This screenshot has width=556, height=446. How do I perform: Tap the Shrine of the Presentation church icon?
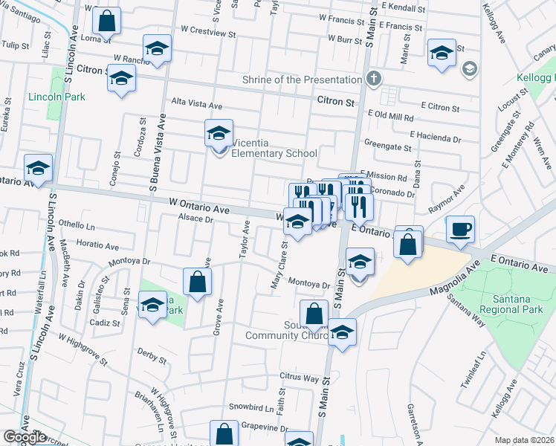point(373,80)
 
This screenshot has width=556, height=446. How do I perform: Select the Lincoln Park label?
point(56,97)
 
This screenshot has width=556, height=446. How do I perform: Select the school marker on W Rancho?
point(157,49)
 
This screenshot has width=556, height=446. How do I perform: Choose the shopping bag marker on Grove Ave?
point(197,282)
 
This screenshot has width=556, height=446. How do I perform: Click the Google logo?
point(25,437)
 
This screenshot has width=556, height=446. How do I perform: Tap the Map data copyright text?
point(525,440)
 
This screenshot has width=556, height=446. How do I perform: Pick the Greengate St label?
point(387,148)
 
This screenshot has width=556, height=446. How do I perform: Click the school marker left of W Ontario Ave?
point(37,168)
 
